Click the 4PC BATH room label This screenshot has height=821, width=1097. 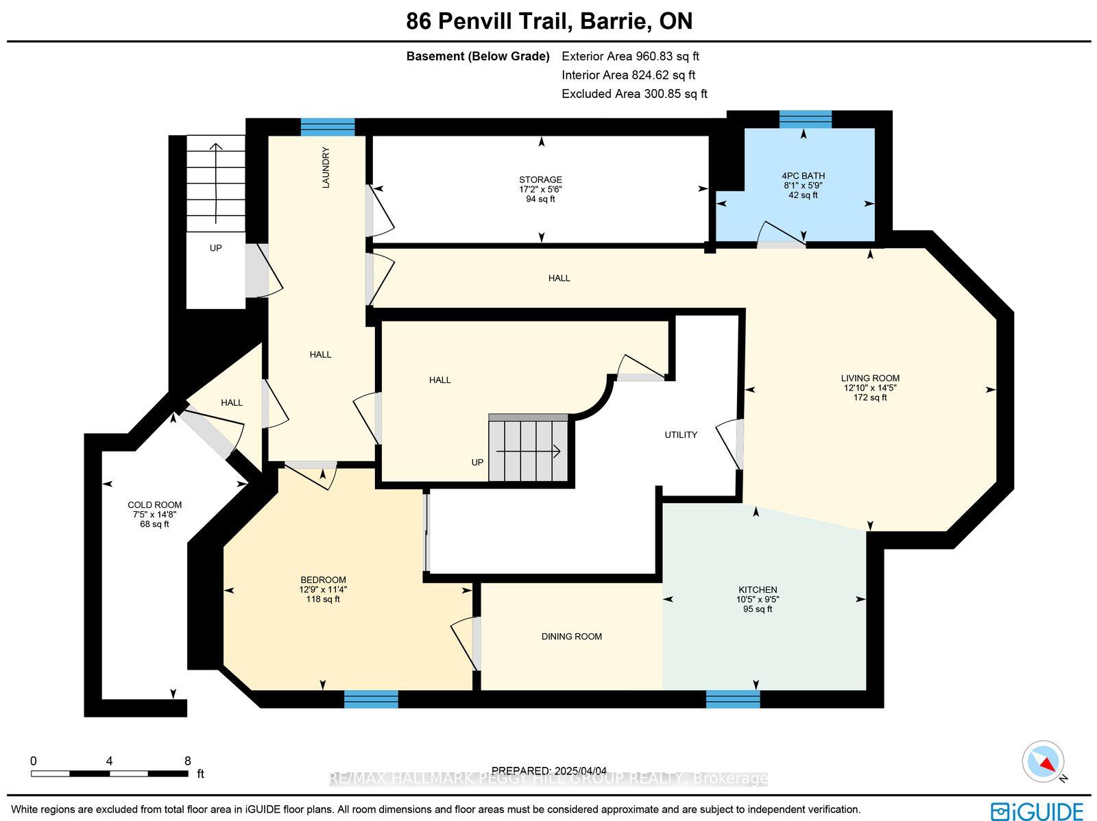click(803, 176)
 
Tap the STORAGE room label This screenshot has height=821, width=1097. click(540, 180)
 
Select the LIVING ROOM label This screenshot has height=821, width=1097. click(870, 378)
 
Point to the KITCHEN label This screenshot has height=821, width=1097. click(758, 590)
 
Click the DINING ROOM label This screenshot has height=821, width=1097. click(571, 636)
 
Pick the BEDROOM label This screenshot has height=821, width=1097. click(323, 580)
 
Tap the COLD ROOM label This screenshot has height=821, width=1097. click(154, 505)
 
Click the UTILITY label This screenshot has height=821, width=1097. click(681, 434)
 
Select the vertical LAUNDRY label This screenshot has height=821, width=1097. click(326, 167)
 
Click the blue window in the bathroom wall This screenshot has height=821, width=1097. click(805, 119)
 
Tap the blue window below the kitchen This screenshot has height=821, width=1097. click(733, 699)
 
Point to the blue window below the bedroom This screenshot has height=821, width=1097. click(371, 699)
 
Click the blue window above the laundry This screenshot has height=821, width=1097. click(327, 127)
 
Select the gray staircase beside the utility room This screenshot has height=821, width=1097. click(528, 448)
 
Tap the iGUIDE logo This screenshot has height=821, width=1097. click(1037, 811)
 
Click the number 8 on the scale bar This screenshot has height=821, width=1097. click(187, 761)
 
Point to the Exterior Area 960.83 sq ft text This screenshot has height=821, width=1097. click(630, 56)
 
